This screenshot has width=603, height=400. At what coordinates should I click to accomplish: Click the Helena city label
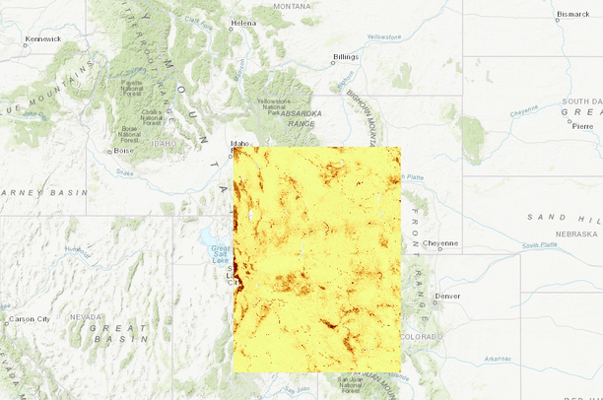(x=242, y=23)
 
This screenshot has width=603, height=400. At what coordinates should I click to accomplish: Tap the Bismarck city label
(x=572, y=15)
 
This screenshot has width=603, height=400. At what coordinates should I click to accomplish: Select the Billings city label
(x=346, y=57)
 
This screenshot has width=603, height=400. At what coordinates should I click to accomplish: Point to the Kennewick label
(x=42, y=38)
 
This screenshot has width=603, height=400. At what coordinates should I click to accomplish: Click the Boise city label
(x=123, y=151)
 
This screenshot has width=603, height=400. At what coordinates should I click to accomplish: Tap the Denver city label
(x=447, y=296)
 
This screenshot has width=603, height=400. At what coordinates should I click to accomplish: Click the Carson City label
(x=29, y=319)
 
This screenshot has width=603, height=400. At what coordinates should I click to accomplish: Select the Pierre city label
(x=583, y=126)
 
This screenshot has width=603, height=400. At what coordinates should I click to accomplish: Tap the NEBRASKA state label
(x=574, y=233)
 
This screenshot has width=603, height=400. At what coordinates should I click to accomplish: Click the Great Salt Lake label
(x=218, y=252)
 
